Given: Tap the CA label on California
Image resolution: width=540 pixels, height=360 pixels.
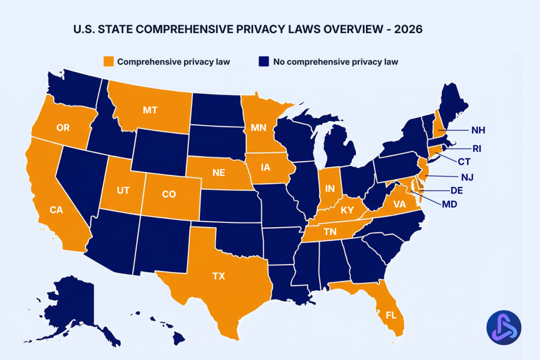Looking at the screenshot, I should coord(56,210).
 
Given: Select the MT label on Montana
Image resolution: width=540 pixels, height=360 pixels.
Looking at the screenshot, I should coord(150,110).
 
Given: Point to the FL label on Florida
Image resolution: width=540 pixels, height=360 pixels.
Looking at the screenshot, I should coord(391,316).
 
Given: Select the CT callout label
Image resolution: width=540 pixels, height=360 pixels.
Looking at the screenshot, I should coord(464,161).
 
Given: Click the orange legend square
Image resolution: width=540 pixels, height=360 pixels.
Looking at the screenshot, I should coord(109,62).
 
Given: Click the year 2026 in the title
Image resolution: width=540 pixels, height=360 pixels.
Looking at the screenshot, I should coord(408,30).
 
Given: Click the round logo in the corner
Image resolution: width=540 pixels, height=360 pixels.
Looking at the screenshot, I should coord(504,327).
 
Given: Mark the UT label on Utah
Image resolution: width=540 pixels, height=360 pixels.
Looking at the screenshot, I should coord(123,190).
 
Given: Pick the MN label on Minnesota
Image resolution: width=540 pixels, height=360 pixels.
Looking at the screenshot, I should coord(258,127).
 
